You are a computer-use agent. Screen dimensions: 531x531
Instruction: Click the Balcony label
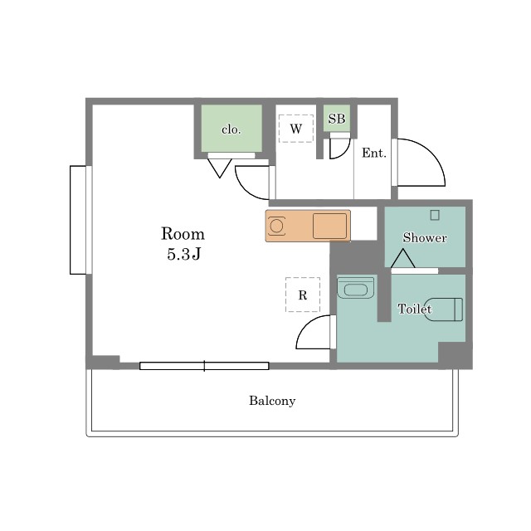point(272,401)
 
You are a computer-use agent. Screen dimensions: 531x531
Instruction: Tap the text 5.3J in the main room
point(184,254)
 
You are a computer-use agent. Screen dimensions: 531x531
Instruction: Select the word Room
point(183,234)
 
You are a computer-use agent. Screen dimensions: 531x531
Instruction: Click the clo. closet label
point(231,129)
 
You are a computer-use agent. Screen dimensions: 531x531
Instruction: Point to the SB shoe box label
point(337,119)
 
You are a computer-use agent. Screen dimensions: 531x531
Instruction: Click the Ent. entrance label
point(374,153)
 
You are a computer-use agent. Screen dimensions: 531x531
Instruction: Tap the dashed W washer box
point(296,129)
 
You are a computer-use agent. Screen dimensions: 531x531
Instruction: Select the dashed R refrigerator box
point(303,295)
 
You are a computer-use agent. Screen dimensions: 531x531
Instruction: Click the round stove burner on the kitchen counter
point(276,226)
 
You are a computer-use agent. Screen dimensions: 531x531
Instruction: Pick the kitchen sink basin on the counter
point(329,226)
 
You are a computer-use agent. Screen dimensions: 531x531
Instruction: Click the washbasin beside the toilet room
point(356,288)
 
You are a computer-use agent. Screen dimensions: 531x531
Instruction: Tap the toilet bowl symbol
point(444,309)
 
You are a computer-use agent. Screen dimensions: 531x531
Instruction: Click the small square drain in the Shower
point(435,215)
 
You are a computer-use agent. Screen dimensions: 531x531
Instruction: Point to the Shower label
point(425,238)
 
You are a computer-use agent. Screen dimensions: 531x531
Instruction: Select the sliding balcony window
point(204,366)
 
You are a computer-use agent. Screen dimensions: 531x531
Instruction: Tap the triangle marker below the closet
point(219,168)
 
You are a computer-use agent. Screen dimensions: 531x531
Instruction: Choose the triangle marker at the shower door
point(403,258)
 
